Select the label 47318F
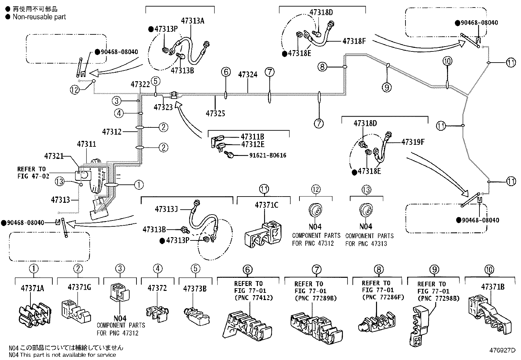pyautogui.click(x=354, y=41)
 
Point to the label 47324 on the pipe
pyautogui.click(x=248, y=75)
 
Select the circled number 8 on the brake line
pyautogui.click(x=322, y=67)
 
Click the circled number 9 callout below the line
pyautogui.click(x=386, y=87)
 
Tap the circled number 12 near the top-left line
pyautogui.click(x=75, y=89)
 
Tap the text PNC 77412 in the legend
pyautogui.click(x=254, y=298)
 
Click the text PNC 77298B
pyautogui.click(x=439, y=298)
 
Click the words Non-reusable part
pyautogui.click(x=39, y=17)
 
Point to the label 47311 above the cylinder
pyautogui.click(x=86, y=144)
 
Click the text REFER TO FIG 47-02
pyautogui.click(x=33, y=173)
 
